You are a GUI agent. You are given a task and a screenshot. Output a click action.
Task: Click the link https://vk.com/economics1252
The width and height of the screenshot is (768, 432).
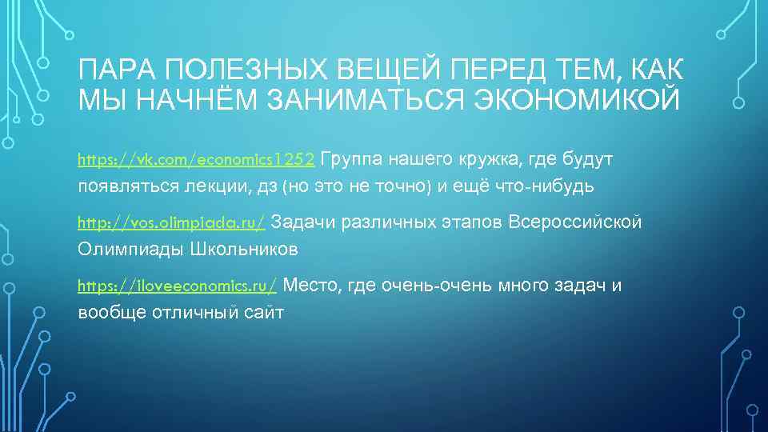(198, 160)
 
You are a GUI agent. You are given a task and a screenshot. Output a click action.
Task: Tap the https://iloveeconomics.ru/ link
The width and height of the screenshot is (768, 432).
(177, 285)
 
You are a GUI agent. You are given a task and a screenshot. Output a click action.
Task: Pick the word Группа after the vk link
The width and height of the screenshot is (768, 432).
(358, 159)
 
